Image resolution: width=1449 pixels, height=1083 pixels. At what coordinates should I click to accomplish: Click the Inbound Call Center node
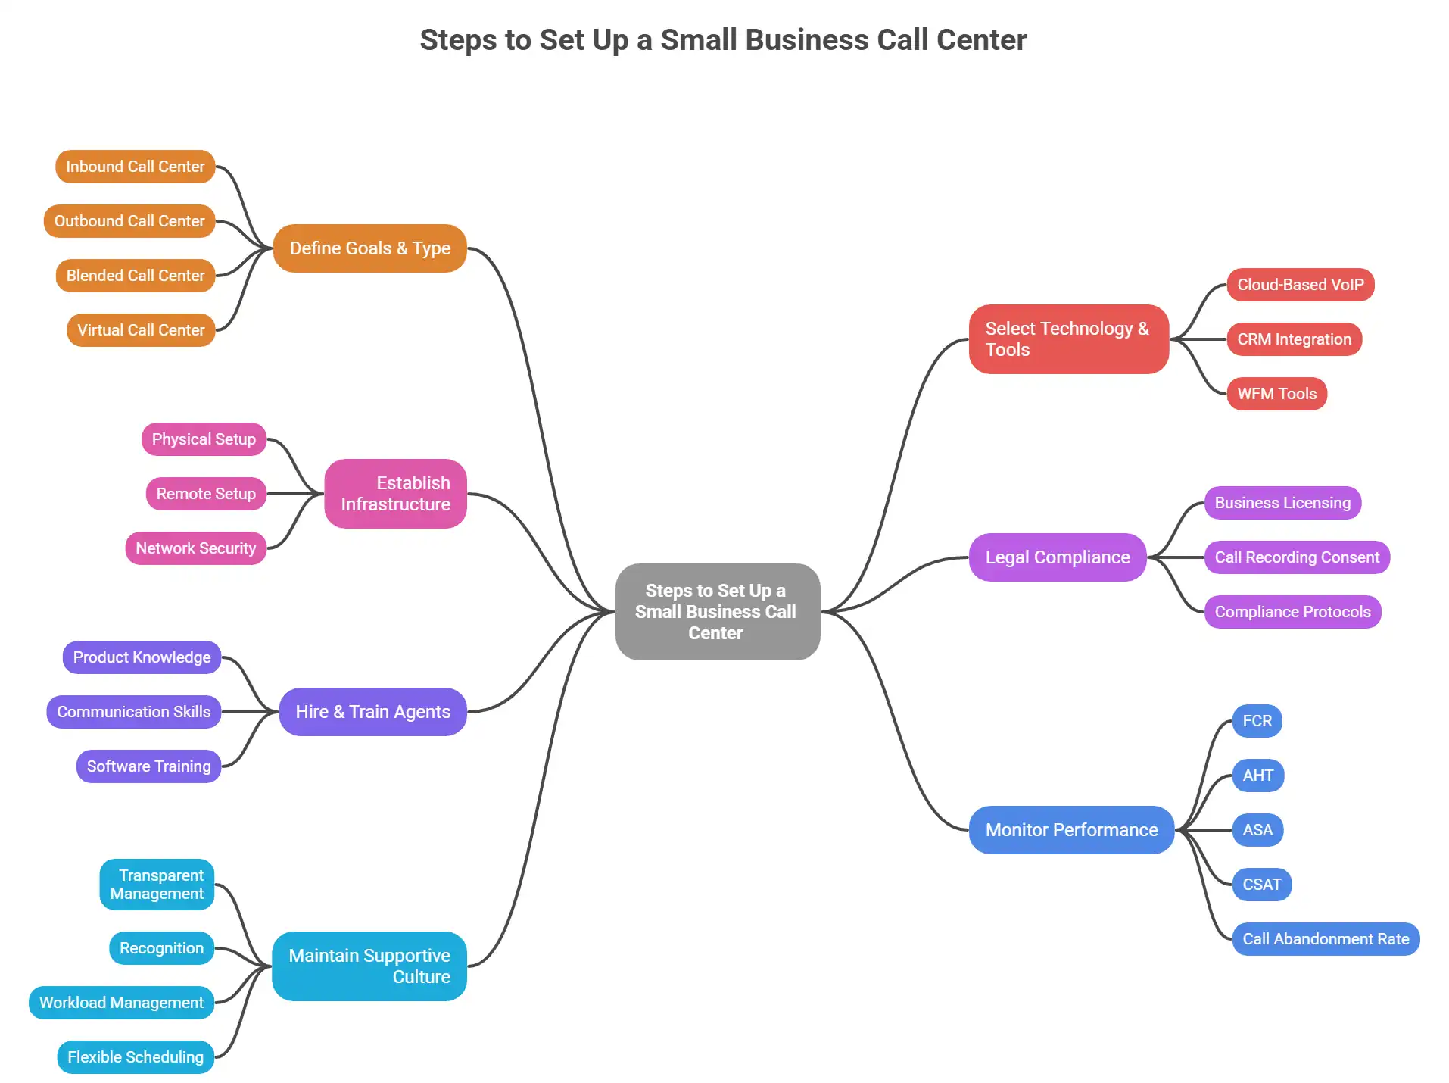tap(135, 167)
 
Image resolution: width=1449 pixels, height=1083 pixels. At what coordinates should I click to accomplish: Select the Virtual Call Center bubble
tap(141, 330)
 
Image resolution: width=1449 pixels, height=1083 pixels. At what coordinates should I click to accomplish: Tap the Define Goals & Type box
tap(369, 248)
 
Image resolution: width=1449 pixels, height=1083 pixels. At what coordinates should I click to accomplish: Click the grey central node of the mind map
tap(717, 612)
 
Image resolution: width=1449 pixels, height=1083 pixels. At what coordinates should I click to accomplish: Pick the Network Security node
tap(195, 548)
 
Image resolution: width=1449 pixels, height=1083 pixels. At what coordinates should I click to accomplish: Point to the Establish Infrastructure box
tap(395, 494)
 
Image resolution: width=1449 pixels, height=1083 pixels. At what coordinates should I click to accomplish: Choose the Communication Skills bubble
tap(133, 712)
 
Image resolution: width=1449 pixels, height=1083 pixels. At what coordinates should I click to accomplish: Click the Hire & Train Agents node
tap(372, 712)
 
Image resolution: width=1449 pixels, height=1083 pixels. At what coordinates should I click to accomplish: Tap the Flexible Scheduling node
tap(136, 1057)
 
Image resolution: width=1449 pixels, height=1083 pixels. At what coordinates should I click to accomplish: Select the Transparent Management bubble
tap(157, 885)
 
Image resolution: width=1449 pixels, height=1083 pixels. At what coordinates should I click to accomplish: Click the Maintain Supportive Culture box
tap(369, 966)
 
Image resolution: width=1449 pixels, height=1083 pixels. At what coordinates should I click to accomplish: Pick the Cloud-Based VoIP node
tap(1300, 285)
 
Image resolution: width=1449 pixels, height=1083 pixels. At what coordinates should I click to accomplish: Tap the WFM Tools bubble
tap(1276, 394)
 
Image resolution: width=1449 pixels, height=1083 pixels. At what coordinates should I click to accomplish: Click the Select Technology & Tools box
tap(1068, 339)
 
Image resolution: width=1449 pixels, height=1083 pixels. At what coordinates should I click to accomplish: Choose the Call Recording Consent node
tap(1297, 557)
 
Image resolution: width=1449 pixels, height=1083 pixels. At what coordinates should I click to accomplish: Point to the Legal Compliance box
tap(1057, 557)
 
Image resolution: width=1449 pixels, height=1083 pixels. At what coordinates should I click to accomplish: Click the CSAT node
tap(1261, 885)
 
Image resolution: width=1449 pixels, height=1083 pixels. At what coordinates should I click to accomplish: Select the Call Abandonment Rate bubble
tap(1326, 939)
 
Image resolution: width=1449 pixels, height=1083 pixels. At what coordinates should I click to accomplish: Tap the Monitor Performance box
tap(1071, 830)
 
